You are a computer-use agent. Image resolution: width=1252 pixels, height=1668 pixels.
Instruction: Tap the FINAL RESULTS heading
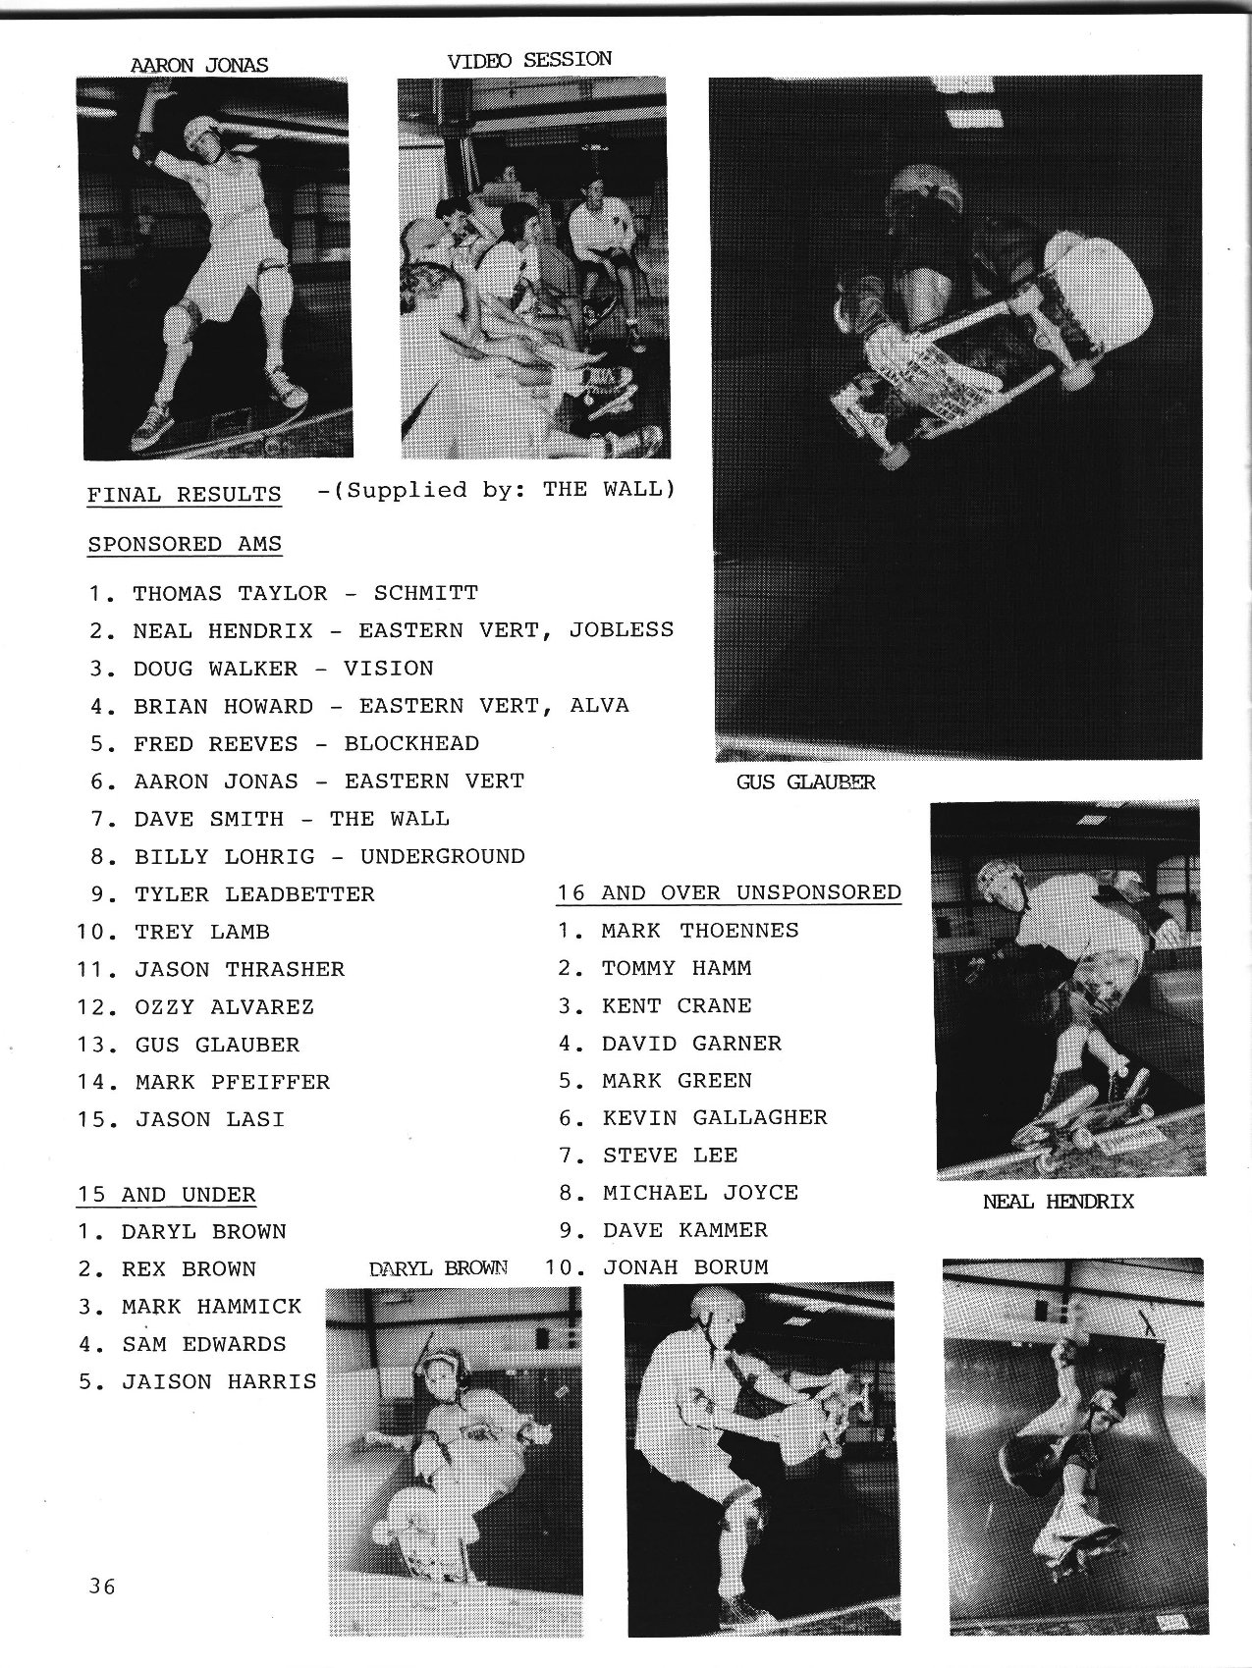click(184, 494)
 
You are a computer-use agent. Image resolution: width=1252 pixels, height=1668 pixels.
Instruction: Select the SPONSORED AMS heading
click(185, 543)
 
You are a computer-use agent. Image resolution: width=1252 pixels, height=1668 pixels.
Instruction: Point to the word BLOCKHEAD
click(411, 743)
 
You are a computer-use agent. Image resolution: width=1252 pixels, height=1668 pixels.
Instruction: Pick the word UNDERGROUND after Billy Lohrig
click(442, 856)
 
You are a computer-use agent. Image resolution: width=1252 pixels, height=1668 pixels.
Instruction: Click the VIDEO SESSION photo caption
click(529, 60)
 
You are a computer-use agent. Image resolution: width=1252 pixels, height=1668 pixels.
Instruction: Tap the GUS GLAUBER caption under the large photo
click(805, 782)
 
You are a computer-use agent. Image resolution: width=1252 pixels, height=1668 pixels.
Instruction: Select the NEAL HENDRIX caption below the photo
click(1058, 1201)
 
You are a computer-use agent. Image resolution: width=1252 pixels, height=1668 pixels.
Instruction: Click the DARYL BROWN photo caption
click(437, 1267)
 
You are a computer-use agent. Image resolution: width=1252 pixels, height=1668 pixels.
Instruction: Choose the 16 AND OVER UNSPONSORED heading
click(729, 892)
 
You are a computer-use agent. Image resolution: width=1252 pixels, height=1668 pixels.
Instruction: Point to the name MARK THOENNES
click(700, 930)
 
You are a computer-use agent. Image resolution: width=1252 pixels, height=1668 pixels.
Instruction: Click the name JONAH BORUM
click(684, 1266)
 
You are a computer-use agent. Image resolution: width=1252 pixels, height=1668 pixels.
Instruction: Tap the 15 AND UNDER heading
click(167, 1194)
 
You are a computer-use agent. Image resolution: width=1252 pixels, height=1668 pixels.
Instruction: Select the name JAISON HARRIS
click(219, 1381)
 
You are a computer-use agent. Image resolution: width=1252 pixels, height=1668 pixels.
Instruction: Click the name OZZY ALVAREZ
click(224, 1006)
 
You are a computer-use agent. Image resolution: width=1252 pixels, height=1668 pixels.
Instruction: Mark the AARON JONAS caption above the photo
click(198, 66)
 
